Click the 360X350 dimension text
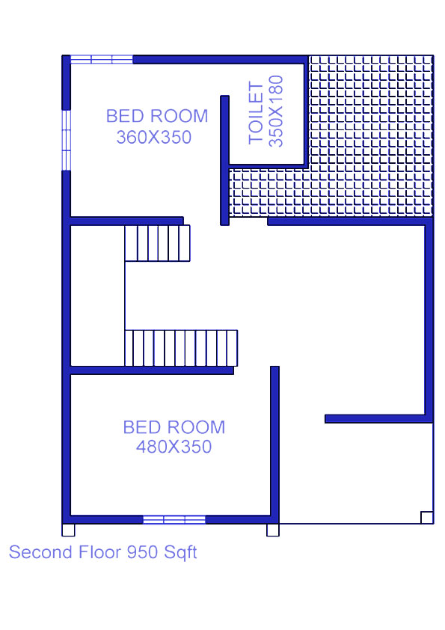coord(154,138)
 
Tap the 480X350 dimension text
coord(174,447)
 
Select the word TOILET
coord(256,112)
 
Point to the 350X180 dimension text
coord(276,111)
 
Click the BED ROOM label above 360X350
coord(157,116)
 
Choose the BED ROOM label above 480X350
coord(174,427)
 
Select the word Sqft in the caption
coord(180,553)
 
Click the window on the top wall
coord(102,59)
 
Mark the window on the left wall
coord(67,140)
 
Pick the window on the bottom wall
coord(174,519)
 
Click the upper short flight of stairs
coord(157,243)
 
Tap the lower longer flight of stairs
coord(181,348)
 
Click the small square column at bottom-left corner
coord(68,530)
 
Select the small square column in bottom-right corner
coord(427,518)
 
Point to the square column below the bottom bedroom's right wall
coord(273,530)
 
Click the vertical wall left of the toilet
coord(224,160)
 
